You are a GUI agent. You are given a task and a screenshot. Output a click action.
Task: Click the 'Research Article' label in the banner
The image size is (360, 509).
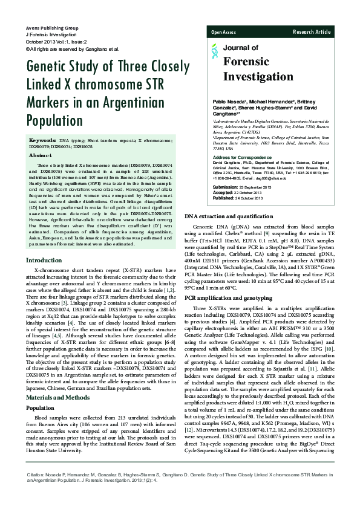[x=312, y=31]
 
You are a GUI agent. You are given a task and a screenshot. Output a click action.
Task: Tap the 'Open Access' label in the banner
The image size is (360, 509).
[x=223, y=31]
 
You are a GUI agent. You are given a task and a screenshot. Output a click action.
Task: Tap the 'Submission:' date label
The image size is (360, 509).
[x=224, y=189]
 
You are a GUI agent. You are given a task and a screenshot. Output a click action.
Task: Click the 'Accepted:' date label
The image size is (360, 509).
[x=223, y=193]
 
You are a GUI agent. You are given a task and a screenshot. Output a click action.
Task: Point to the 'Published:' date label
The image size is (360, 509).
[x=223, y=198]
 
